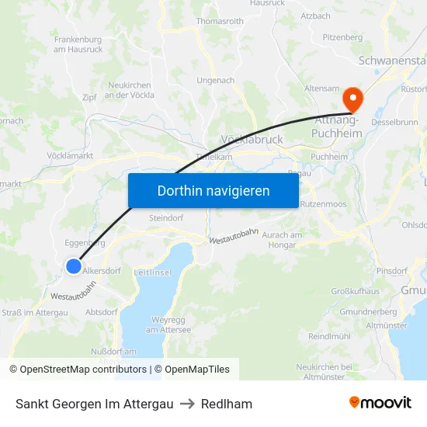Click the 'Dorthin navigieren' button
pyautogui.click(x=213, y=190)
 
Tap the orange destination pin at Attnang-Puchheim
pyautogui.click(x=352, y=99)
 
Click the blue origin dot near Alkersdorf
pyautogui.click(x=73, y=266)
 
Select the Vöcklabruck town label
pyautogui.click(x=252, y=140)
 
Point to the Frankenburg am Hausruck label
pyautogui.click(x=78, y=43)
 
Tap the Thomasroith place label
pyautogui.click(x=220, y=22)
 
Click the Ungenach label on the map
pyautogui.click(x=216, y=80)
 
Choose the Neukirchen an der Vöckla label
pyautogui.click(x=130, y=90)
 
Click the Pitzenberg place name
pyautogui.click(x=342, y=36)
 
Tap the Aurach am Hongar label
pyautogui.click(x=281, y=239)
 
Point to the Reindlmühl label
pyautogui.click(x=331, y=336)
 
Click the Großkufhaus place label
pyautogui.click(x=355, y=291)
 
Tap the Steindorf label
pyautogui.click(x=165, y=218)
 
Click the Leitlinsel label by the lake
pyautogui.click(x=152, y=273)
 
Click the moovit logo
pyautogui.click(x=380, y=403)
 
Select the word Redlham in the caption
pyautogui.click(x=227, y=404)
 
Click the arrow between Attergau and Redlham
pyautogui.click(x=187, y=404)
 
